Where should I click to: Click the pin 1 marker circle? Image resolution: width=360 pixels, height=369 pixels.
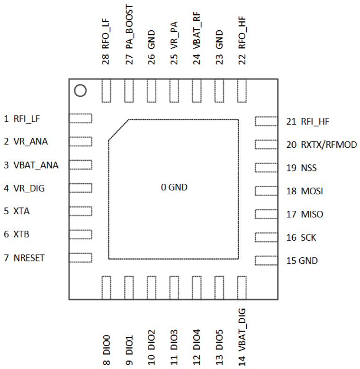pyautogui.click(x=80, y=90)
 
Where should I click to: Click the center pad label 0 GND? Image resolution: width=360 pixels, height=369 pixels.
pyautogui.click(x=174, y=188)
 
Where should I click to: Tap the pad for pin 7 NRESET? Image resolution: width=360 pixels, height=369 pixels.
pyautogui.click(x=81, y=258)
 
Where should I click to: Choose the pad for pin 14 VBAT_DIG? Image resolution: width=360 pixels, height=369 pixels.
pyautogui.click(x=242, y=288)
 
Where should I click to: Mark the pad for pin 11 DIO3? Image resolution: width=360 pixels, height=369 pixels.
pyautogui.click(x=174, y=288)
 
